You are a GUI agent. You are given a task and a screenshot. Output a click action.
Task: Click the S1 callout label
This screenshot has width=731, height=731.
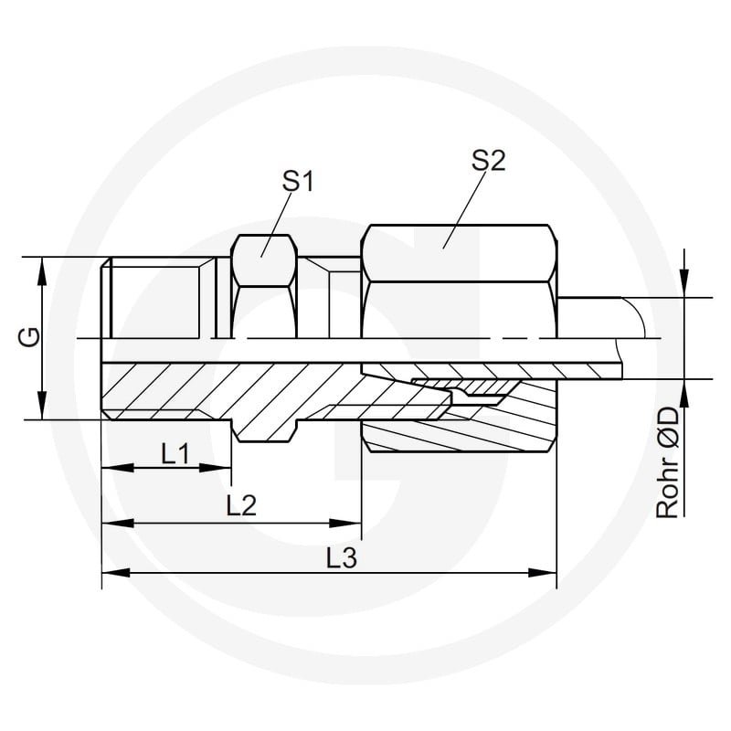coord(298,181)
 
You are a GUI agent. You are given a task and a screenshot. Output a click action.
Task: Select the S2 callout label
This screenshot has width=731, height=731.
coord(488,161)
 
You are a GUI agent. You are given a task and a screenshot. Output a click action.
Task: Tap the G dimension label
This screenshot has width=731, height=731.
coord(29,337)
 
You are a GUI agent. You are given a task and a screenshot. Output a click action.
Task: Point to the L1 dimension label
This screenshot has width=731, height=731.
coord(175,453)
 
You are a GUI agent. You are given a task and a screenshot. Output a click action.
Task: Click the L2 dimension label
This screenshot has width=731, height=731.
coord(241,505)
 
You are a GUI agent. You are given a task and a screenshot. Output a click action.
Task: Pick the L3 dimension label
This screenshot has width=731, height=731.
coord(341,558)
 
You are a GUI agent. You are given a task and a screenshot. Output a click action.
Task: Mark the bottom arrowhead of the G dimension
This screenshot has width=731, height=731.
coord(42,406)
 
